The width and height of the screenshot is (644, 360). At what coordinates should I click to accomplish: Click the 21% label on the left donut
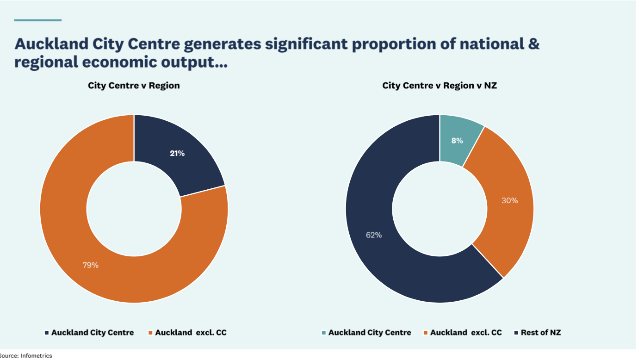click(177, 153)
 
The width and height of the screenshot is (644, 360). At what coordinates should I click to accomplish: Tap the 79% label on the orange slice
click(91, 265)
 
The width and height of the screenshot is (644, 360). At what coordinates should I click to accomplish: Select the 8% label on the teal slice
click(457, 141)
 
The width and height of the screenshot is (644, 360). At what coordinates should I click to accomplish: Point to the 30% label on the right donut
click(510, 200)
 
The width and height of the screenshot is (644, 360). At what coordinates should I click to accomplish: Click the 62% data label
click(374, 235)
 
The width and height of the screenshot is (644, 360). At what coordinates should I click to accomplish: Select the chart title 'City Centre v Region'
click(134, 86)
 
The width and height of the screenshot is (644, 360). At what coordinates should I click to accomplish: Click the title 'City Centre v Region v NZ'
click(440, 86)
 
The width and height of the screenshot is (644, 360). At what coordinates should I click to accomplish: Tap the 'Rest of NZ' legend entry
click(540, 332)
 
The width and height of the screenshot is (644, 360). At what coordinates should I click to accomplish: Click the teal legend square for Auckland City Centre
click(323, 333)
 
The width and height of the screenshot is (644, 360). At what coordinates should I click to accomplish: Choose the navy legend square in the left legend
click(46, 333)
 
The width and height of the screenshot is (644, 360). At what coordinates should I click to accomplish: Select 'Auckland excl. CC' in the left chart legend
click(191, 332)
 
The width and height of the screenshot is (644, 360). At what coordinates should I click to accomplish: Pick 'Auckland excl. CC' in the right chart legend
click(465, 332)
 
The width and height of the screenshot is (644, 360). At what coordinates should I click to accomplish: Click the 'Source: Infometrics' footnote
click(26, 355)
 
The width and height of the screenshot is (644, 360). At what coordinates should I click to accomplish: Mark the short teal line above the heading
click(37, 20)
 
